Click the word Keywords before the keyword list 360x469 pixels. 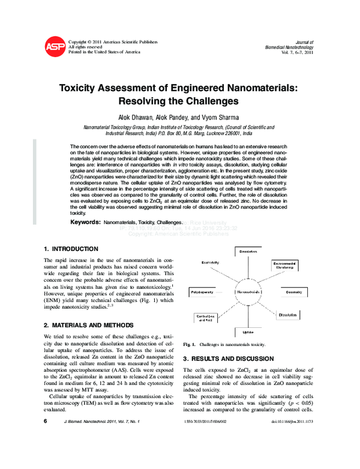(86, 222)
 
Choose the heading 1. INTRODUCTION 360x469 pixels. (71, 249)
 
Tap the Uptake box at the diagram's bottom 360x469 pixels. (248, 331)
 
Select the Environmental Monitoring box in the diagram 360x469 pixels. (284, 265)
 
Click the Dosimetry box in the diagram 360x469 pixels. (293, 292)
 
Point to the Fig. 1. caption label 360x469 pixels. (190, 345)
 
